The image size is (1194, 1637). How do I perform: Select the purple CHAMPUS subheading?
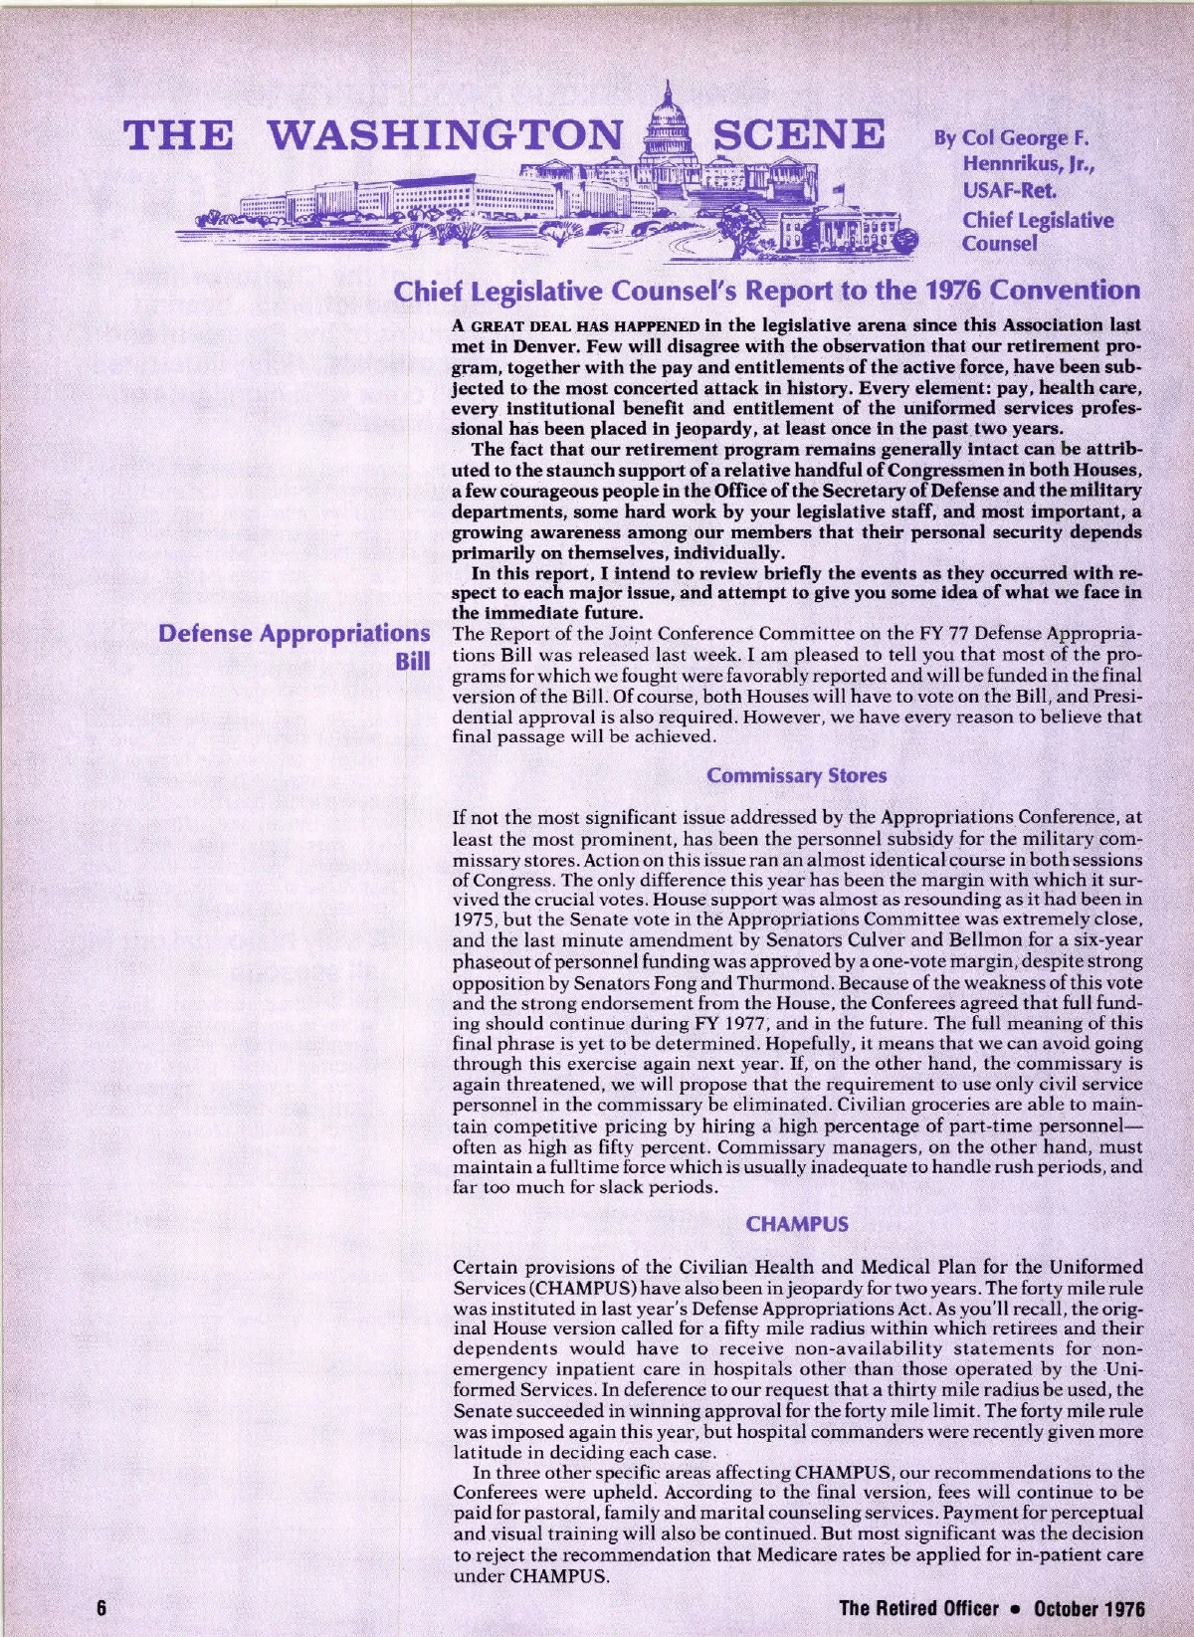797,1225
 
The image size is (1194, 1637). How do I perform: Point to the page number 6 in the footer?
101,1609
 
